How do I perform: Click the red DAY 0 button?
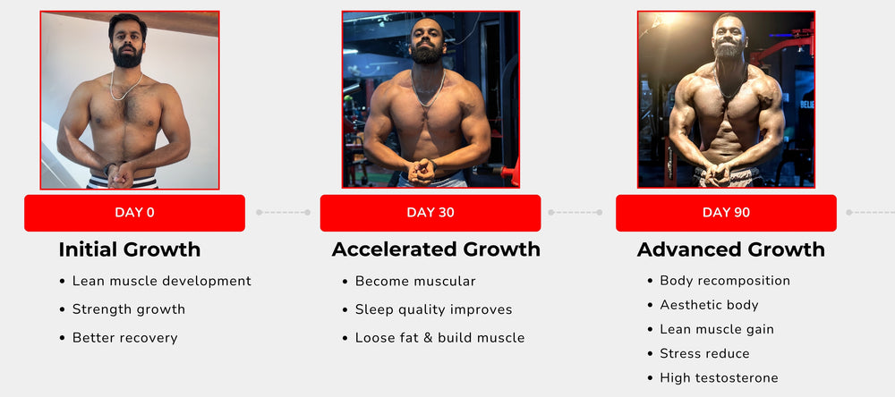(x=135, y=213)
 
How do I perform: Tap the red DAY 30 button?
(x=430, y=213)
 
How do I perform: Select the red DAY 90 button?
(x=726, y=213)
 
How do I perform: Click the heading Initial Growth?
(x=130, y=249)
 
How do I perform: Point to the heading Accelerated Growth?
(x=436, y=249)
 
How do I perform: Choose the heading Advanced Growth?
(x=731, y=249)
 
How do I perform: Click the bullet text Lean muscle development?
(x=161, y=281)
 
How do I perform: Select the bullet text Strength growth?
(x=128, y=309)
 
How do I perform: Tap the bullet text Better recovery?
(x=125, y=338)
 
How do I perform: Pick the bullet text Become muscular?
(x=415, y=281)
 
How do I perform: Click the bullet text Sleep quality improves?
(x=434, y=309)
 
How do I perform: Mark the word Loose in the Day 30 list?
(x=371, y=338)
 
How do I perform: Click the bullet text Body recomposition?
(x=725, y=281)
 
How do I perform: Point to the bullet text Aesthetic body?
(x=709, y=305)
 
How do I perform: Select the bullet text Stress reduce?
(x=704, y=354)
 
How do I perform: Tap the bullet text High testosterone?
(x=720, y=377)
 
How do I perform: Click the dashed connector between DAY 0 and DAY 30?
(x=283, y=212)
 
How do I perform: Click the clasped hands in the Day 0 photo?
(x=122, y=174)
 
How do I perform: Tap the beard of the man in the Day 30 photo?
(x=427, y=54)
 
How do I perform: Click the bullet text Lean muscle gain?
(x=717, y=330)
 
